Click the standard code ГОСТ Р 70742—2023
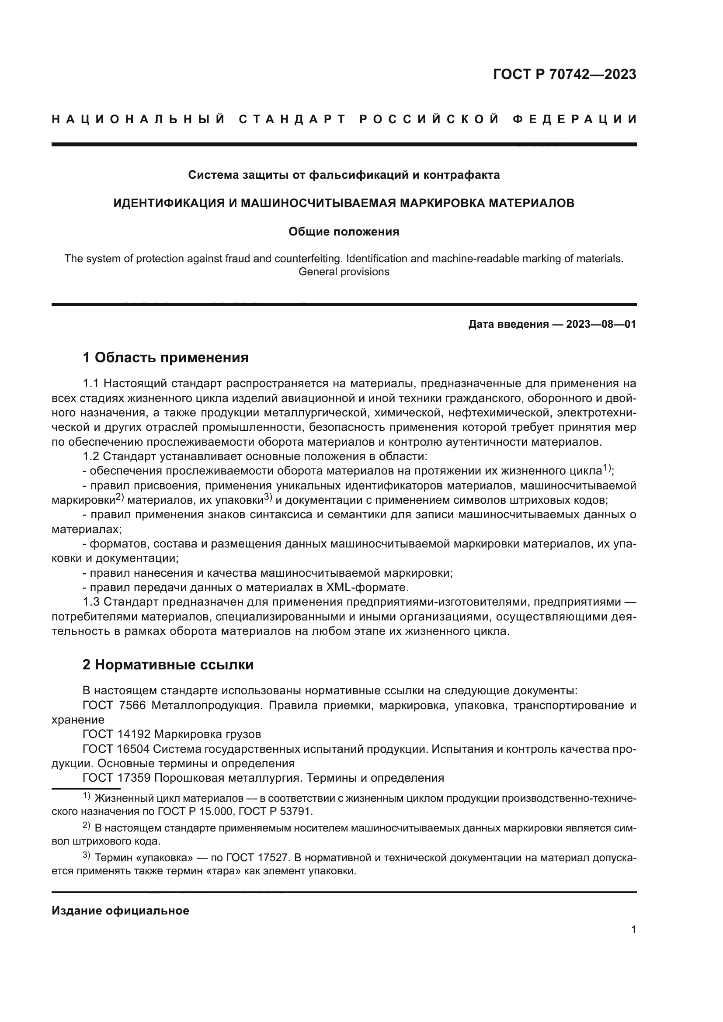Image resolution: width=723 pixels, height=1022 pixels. coord(564,74)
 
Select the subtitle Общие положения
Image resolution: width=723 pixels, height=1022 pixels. coord(344,232)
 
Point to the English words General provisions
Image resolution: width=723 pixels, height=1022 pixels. coord(344,272)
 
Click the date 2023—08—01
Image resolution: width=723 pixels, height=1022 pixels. coord(601,324)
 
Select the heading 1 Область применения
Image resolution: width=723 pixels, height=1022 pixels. coord(166,357)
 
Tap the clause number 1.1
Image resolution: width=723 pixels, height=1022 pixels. coord(93,384)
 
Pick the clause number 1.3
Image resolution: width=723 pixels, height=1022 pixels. coord(93,602)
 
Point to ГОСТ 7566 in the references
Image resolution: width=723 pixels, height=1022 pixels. coord(114,706)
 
